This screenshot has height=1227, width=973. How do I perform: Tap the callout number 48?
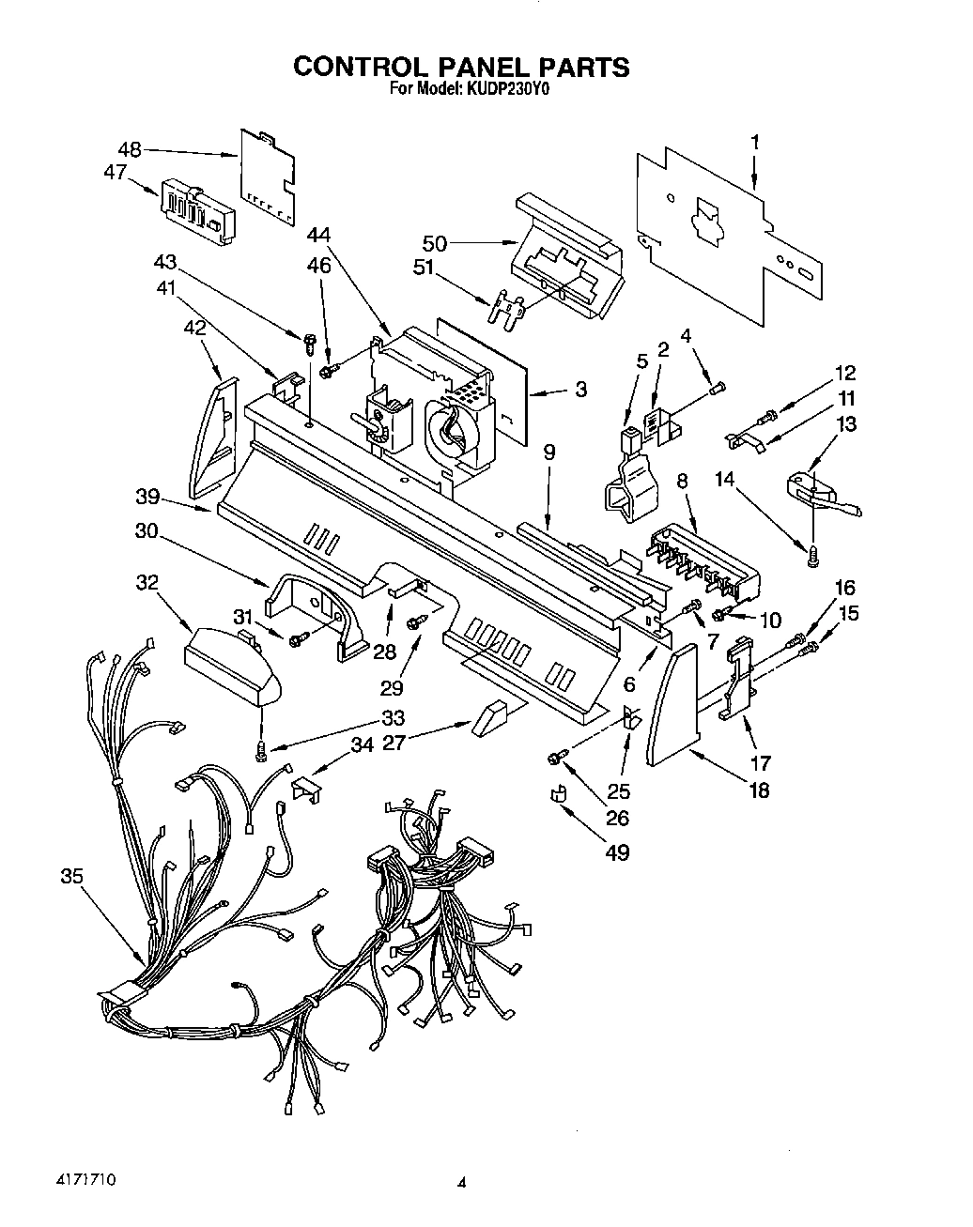pyautogui.click(x=130, y=148)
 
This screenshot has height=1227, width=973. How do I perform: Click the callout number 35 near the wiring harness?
pyautogui.click(x=71, y=876)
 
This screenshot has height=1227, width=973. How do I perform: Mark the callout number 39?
pyautogui.click(x=147, y=497)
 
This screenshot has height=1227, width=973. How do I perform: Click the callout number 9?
pyautogui.click(x=548, y=452)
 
